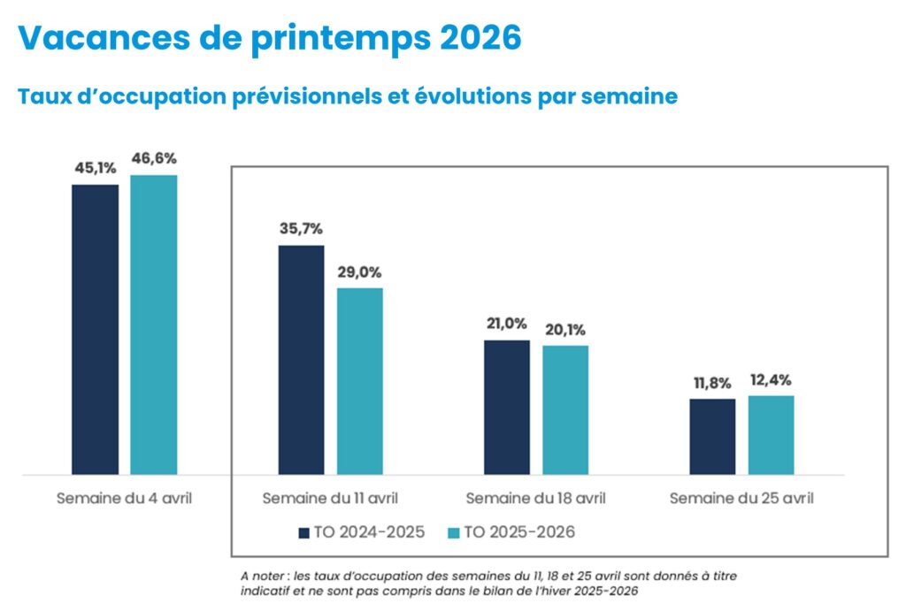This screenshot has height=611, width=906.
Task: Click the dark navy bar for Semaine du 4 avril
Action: click(x=95, y=329)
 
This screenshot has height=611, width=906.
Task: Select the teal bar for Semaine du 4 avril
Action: click(x=154, y=325)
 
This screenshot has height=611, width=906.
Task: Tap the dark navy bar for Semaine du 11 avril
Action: click(x=301, y=359)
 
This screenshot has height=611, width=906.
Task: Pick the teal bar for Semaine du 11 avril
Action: click(x=359, y=380)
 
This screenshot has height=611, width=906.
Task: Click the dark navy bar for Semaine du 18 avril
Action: click(x=507, y=407)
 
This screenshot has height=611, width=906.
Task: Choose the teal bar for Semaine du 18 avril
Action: click(x=565, y=409)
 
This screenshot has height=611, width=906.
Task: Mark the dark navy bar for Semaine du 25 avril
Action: click(x=712, y=436)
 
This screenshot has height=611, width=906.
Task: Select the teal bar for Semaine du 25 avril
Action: click(x=771, y=434)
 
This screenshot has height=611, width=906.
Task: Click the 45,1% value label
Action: click(x=95, y=168)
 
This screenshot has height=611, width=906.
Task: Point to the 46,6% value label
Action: click(x=154, y=158)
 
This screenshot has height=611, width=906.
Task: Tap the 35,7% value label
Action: click(x=301, y=228)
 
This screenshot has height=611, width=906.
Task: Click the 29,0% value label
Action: click(x=359, y=271)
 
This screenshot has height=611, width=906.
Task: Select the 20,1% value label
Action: click(x=565, y=330)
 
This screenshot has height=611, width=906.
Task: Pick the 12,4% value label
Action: click(x=771, y=380)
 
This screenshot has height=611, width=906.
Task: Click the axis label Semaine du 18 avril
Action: click(x=536, y=498)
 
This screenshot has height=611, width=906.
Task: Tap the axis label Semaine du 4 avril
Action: click(x=124, y=498)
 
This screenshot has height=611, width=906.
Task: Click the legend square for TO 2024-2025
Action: click(x=302, y=532)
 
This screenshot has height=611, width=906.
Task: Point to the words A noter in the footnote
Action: click(x=263, y=576)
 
